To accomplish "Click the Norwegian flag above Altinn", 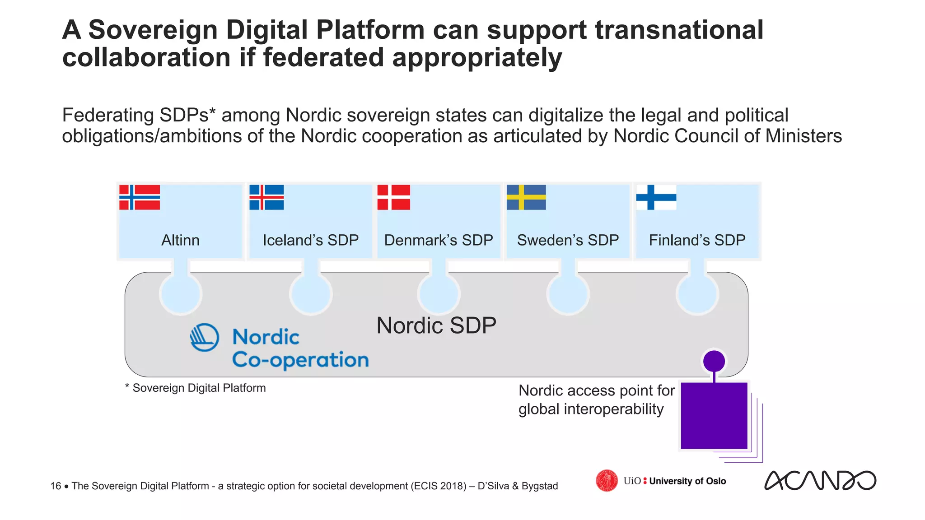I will pyautogui.click(x=140, y=197).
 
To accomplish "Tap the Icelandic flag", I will pyautogui.click(x=266, y=197).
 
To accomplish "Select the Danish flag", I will pyautogui.click(x=394, y=197).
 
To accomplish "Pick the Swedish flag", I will pyautogui.click(x=526, y=197).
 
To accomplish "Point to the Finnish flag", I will pyautogui.click(x=656, y=197).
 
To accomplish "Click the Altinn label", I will pyautogui.click(x=180, y=240).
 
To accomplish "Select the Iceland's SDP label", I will pyautogui.click(x=311, y=240).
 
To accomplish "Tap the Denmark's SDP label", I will pyautogui.click(x=439, y=240).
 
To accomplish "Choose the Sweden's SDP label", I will pyautogui.click(x=568, y=240).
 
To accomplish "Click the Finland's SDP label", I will pyautogui.click(x=697, y=240).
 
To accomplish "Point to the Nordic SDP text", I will pyautogui.click(x=436, y=325).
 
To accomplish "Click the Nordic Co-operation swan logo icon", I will pyautogui.click(x=205, y=337).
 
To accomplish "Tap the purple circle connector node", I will pyautogui.click(x=714, y=361).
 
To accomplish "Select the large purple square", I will pyautogui.click(x=714, y=416).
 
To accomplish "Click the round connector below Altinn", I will pyautogui.click(x=181, y=294).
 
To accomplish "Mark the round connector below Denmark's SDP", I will pyautogui.click(x=439, y=294).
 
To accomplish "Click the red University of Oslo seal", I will pyautogui.click(x=607, y=480).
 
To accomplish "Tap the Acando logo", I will pyautogui.click(x=820, y=480).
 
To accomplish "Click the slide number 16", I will pyautogui.click(x=56, y=486).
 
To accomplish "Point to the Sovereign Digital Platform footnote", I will pyautogui.click(x=196, y=388).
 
